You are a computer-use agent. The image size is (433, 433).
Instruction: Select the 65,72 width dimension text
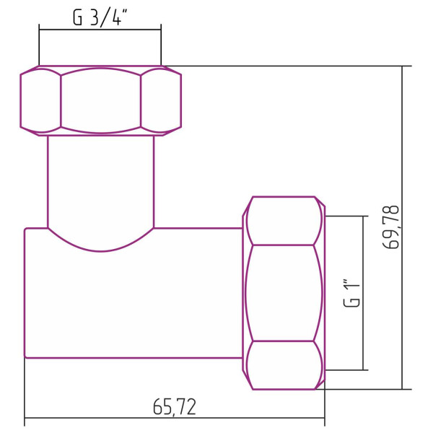[175, 407]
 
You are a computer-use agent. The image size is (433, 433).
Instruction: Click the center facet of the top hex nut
[100, 100]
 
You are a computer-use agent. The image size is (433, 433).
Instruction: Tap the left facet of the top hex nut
[40, 100]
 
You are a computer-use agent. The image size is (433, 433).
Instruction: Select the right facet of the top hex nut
[160, 100]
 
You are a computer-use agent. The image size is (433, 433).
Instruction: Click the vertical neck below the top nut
[100, 180]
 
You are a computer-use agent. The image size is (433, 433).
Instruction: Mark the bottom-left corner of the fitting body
[26, 356]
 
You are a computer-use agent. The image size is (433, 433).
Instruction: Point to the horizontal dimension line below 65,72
[175, 419]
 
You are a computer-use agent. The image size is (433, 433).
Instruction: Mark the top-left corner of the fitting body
[26, 229]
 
